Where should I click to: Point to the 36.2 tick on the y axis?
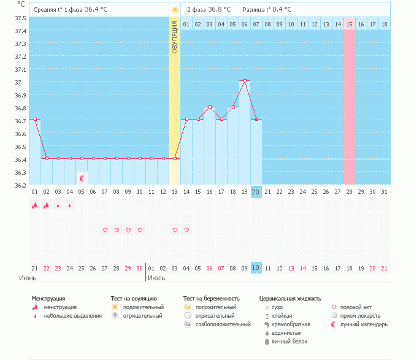pos(20,185)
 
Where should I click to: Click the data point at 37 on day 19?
pos(245,81)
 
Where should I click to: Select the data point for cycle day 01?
pos(35,120)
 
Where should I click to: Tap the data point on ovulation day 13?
pos(175,158)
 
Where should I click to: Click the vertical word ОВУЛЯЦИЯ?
pos(175,37)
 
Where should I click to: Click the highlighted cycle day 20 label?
pos(256,192)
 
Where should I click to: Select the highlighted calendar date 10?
pos(256,268)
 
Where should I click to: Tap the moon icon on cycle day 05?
pos(82,178)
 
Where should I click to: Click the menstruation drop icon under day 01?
pos(35,205)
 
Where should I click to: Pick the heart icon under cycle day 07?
pos(105,230)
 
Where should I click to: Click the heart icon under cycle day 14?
pos(186,230)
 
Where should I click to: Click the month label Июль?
pos(157,278)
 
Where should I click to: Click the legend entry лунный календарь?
pos(364,324)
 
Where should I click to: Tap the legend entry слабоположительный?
pos(223,324)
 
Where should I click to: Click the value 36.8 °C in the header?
pos(219,10)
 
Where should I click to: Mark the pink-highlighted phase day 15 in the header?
pos(350,24)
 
